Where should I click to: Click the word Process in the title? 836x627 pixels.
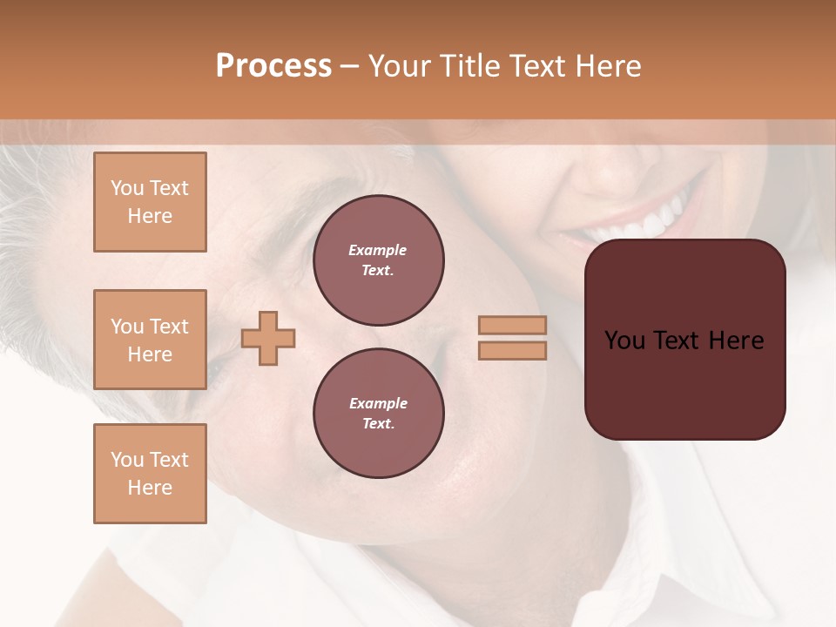273,66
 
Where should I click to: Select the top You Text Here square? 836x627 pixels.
150,202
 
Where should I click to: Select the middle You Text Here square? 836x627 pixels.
150,340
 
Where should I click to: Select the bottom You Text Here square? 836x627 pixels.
150,474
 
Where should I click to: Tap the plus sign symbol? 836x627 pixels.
268,338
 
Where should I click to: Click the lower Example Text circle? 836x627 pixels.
378,414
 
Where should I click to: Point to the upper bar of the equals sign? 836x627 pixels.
512,325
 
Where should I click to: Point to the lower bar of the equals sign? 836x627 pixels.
512,350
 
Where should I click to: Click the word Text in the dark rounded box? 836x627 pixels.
684,340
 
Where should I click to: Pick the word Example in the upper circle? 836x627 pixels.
378,250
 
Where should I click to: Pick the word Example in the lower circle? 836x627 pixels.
378,403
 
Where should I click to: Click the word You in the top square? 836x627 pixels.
126,188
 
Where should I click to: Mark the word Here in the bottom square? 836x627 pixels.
150,488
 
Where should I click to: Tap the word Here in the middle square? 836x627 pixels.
150,354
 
